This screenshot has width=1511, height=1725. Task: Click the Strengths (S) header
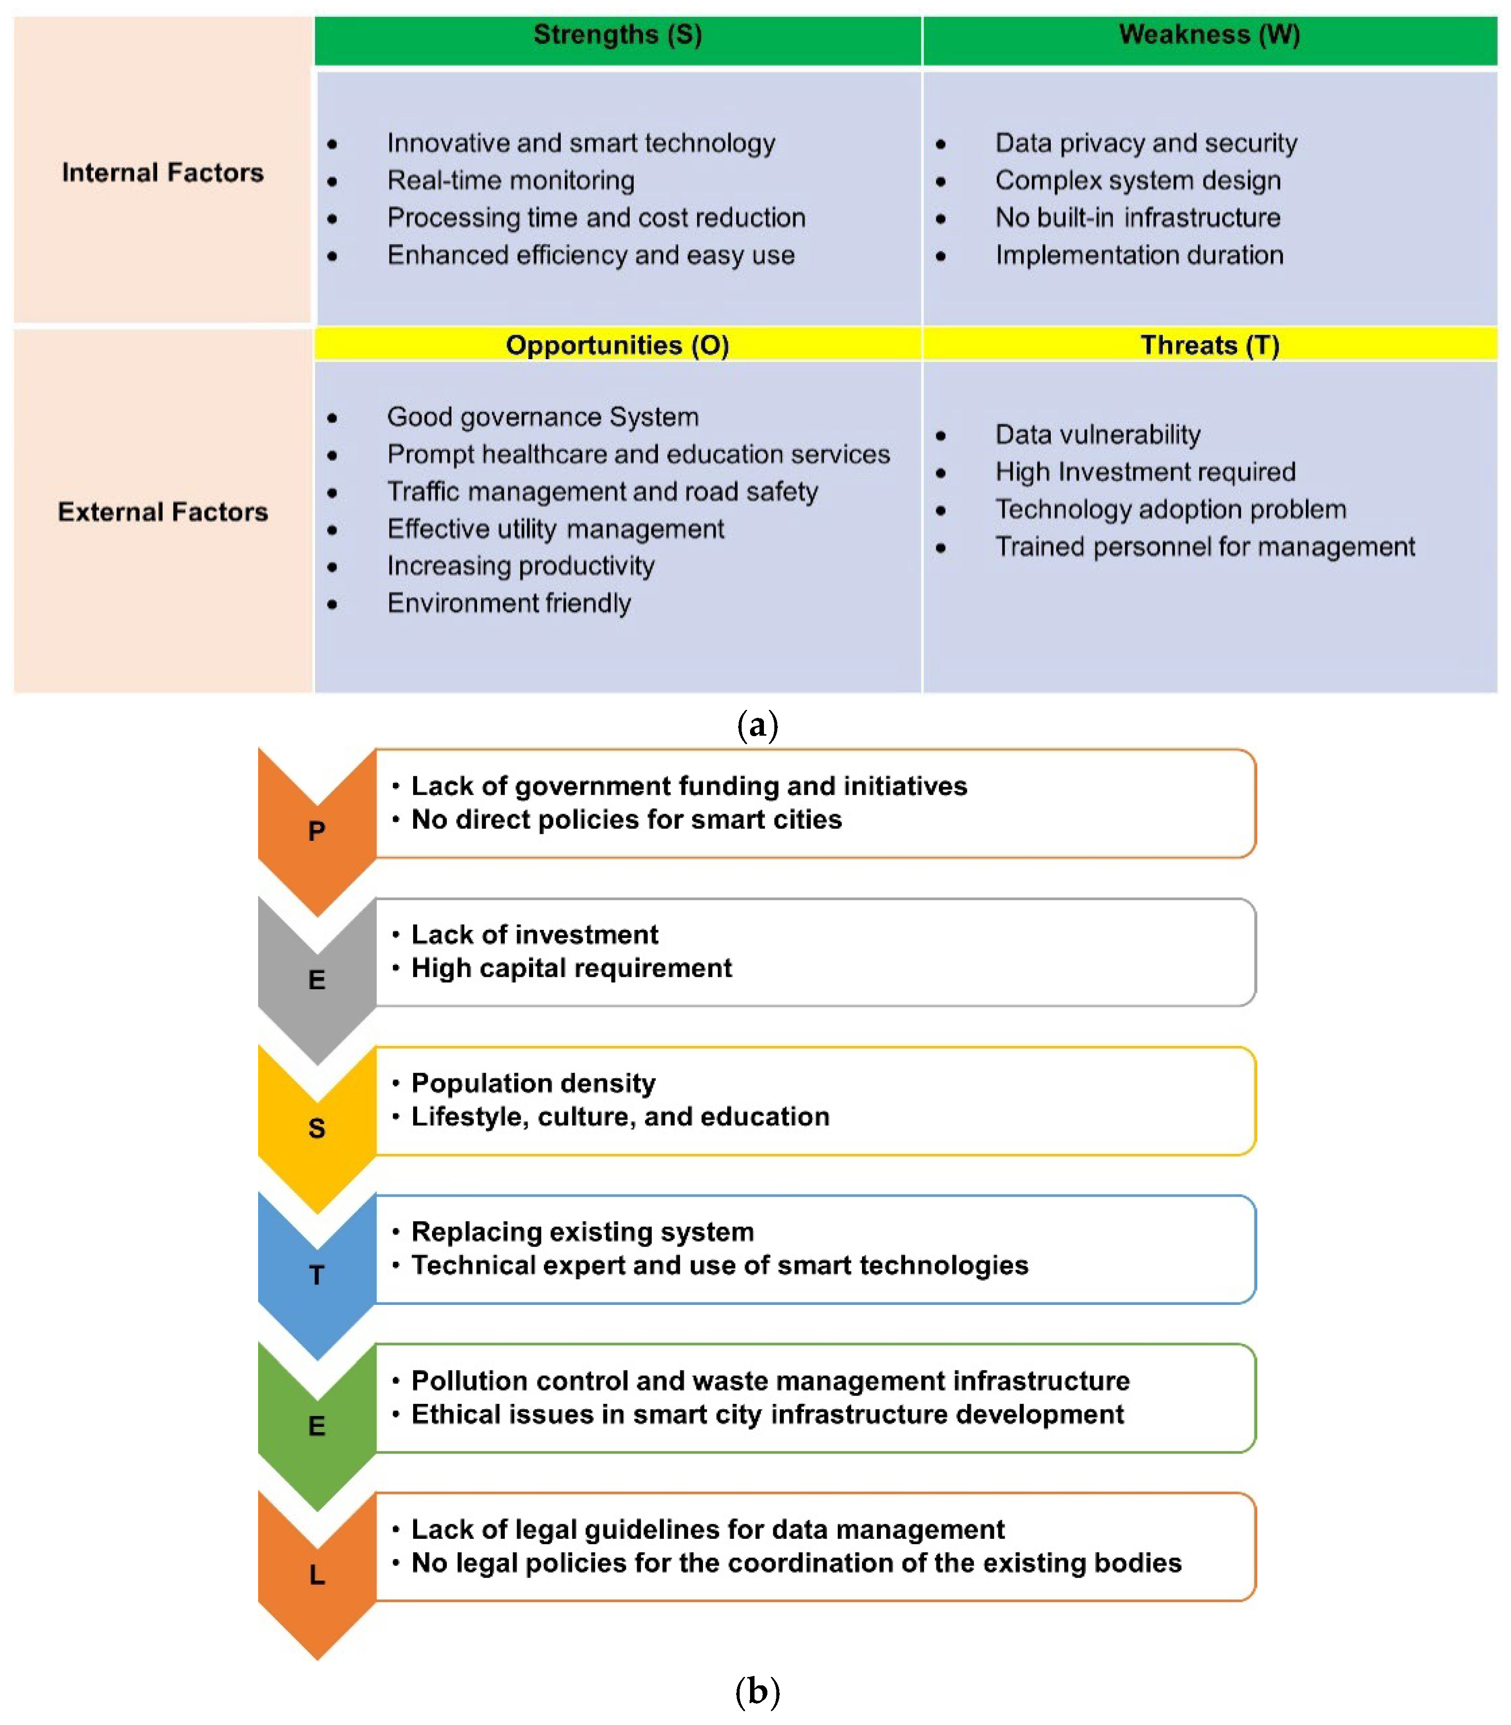click(x=617, y=35)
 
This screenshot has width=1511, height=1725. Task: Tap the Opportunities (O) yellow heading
click(x=617, y=345)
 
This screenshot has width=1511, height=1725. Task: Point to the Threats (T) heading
click(x=1209, y=345)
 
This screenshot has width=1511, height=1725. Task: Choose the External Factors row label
click(x=162, y=512)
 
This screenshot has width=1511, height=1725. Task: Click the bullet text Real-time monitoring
click(x=511, y=180)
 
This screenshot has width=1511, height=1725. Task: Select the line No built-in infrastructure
click(x=1137, y=217)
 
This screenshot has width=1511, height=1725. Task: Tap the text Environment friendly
click(x=508, y=603)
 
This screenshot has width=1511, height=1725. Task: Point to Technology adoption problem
click(x=1170, y=509)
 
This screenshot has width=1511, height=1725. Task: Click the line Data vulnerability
click(x=1097, y=434)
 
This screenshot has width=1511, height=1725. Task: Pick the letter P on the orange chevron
click(x=316, y=831)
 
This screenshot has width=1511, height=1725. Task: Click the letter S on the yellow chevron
click(x=316, y=1128)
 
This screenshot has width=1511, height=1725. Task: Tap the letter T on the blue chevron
click(x=316, y=1275)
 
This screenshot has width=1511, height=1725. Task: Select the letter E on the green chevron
click(x=316, y=1426)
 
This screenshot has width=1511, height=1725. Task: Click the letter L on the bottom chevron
click(x=316, y=1574)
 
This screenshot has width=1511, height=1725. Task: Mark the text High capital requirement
click(x=571, y=968)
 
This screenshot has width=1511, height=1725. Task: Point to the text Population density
click(x=533, y=1082)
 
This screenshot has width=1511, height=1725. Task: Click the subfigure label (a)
click(x=756, y=726)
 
